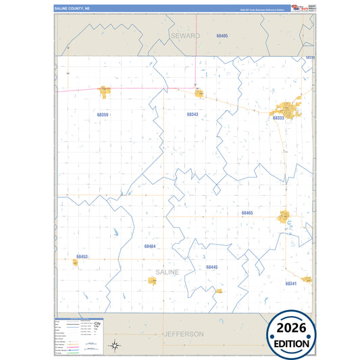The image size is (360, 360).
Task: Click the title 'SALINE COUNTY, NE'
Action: [71, 9]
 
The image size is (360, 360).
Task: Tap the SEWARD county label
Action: [185, 34]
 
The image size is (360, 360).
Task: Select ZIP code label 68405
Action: [222, 35]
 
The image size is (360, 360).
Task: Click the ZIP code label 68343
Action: [192, 114]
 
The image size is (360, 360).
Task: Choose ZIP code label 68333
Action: [278, 118]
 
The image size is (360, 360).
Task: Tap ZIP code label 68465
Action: [247, 213]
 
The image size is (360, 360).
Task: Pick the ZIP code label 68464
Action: [150, 247]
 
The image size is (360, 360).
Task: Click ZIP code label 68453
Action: [82, 257]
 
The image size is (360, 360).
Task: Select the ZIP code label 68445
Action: [212, 267]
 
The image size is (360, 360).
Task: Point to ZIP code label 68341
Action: [291, 284]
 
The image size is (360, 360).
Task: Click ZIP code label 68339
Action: [310, 58]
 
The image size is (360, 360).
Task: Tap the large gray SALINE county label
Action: [168, 272]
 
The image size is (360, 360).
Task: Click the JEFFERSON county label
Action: [183, 334]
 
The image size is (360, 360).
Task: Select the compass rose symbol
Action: [115, 345]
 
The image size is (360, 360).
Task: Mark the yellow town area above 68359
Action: [104, 91]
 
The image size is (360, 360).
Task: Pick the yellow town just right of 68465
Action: [284, 217]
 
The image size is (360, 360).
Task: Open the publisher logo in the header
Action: [299, 8]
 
